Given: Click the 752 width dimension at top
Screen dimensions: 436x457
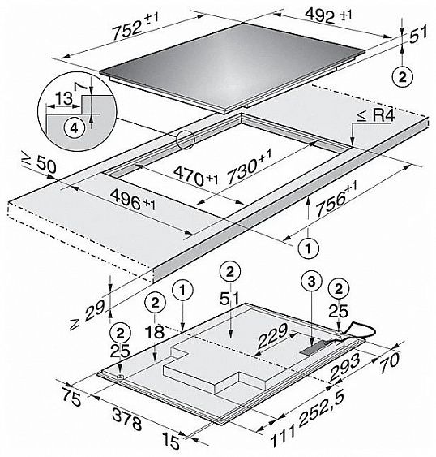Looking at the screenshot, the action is [135, 27].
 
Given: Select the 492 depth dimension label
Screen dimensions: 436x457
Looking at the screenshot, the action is [328, 15].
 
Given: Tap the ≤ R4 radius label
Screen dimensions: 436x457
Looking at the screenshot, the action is [375, 116].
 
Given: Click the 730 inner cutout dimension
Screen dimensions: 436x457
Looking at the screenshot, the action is [249, 166].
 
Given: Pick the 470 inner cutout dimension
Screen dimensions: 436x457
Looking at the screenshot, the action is [195, 177].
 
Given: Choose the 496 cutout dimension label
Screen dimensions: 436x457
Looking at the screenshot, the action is [133, 200].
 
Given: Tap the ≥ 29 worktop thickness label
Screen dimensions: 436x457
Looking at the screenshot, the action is [87, 316].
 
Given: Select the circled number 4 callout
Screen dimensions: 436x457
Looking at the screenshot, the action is [75, 127].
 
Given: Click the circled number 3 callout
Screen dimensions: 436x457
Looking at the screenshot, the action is [311, 282].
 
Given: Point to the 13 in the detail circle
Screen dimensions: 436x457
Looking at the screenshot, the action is [64, 98].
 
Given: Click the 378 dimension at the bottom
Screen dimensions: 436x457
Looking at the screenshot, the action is [127, 419].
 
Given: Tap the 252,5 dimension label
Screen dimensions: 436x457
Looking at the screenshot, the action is [322, 409].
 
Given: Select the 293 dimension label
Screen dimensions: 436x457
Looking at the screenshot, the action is [345, 368].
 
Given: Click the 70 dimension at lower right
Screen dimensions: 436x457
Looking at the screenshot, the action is [390, 360].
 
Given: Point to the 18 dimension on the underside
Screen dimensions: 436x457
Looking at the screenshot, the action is [156, 331].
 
